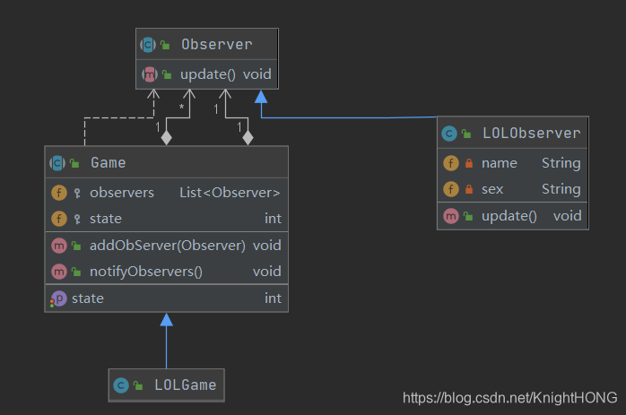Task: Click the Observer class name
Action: [x=216, y=44]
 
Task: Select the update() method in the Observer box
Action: [x=207, y=74]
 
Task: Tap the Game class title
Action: [x=108, y=163]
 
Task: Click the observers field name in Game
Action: [x=122, y=192]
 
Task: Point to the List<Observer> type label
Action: [x=230, y=192]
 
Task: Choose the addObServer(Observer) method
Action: [x=168, y=245]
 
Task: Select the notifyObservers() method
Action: [x=146, y=271]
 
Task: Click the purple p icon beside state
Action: [x=58, y=298]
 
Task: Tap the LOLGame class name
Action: [x=185, y=385]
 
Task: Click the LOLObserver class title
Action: [x=531, y=134]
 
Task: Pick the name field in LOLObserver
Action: [x=499, y=163]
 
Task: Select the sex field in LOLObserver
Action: [x=493, y=189]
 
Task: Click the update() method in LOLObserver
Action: [x=509, y=215]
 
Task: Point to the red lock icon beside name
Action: [x=468, y=163]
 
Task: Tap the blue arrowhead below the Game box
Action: [x=165, y=318]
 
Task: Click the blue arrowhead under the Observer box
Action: [x=262, y=95]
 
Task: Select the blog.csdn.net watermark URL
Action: [x=509, y=397]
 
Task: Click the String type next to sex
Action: [x=561, y=189]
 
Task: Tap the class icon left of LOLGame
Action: [x=121, y=385]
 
